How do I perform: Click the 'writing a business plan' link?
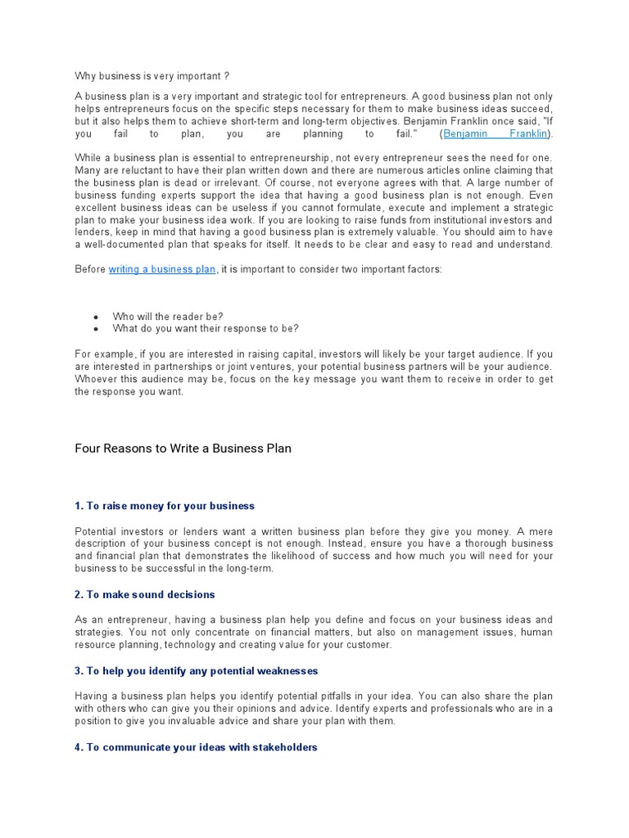(x=162, y=269)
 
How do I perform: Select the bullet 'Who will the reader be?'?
(x=168, y=316)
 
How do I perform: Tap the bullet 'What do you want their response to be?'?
(x=206, y=328)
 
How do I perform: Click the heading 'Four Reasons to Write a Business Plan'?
(x=183, y=448)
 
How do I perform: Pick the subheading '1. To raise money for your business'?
(x=165, y=506)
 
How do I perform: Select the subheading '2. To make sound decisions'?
(x=144, y=594)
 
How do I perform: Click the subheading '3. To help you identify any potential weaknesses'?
(x=196, y=671)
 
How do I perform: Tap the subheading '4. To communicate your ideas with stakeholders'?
(x=196, y=747)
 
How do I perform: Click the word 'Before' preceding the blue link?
(x=90, y=269)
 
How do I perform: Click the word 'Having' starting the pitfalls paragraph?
(x=92, y=696)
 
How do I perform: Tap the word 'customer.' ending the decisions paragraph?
(x=369, y=645)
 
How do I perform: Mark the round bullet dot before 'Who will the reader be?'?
(x=97, y=317)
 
